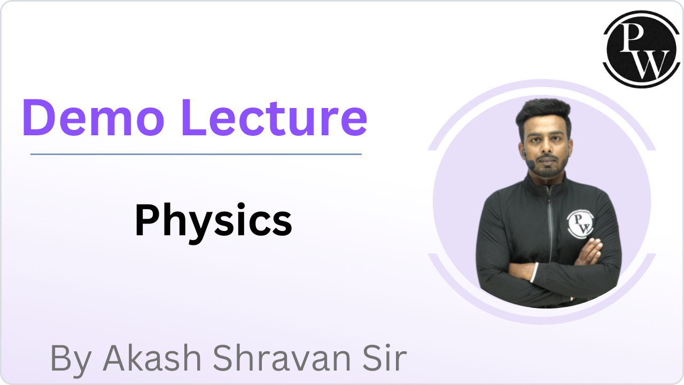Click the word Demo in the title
[92, 118]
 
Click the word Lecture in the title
[274, 118]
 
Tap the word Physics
[213, 221]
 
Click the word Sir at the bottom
[384, 358]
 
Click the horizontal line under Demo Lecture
[196, 154]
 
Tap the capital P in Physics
[146, 221]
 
